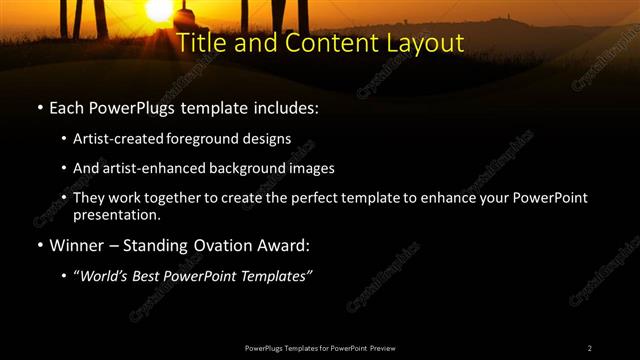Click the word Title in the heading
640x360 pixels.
(x=199, y=44)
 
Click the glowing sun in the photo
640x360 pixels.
(x=158, y=10)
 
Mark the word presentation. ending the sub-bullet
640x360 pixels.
(x=117, y=215)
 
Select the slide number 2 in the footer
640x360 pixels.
(x=589, y=347)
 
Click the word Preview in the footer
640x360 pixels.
(x=382, y=347)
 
